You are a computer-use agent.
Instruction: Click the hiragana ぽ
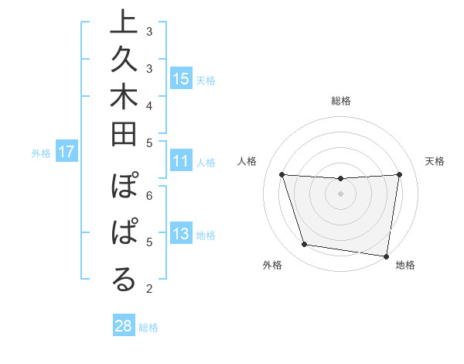point(124,190)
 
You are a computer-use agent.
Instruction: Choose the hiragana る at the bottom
point(124,280)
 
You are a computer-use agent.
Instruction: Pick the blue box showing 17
point(67,153)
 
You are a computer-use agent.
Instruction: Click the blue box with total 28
point(124,326)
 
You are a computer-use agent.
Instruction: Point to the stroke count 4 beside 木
point(148,105)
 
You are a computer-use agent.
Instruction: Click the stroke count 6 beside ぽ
point(148,195)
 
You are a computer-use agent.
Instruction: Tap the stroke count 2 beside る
point(148,290)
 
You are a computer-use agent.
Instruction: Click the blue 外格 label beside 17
point(41,153)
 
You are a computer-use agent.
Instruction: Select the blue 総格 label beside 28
point(148,328)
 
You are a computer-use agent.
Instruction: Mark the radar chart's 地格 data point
point(386,256)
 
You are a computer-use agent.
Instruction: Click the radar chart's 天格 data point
point(399,174)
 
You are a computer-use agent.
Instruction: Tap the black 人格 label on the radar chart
point(247,161)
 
